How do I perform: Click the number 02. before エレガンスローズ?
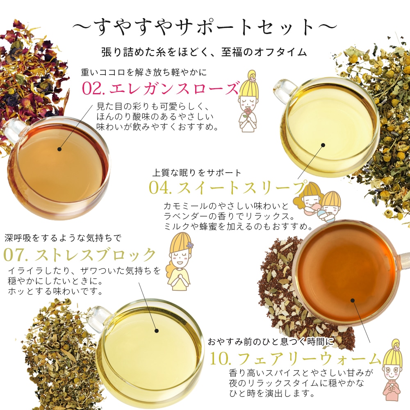94,89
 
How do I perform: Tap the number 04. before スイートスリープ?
160,187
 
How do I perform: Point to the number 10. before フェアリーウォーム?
221,359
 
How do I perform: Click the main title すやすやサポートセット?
205,27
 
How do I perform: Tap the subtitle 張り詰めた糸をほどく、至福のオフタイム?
204,52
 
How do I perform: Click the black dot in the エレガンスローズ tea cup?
59,149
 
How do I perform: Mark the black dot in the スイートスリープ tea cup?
323,145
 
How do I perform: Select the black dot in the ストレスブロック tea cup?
157,331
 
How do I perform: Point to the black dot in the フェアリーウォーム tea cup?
353,301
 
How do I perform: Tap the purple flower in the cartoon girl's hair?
189,246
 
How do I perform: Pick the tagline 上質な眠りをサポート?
197,173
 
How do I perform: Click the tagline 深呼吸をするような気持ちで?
63,238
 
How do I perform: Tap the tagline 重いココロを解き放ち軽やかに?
144,73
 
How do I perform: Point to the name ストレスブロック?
95,255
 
